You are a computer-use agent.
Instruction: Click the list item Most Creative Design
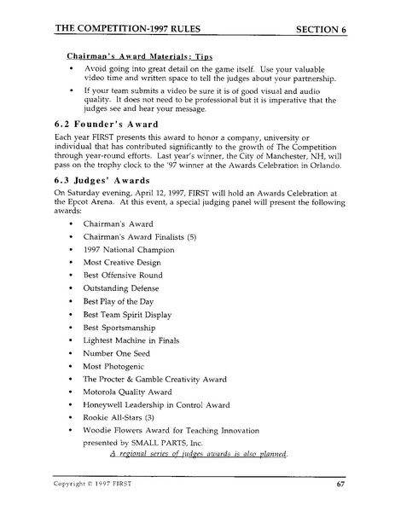pos(122,263)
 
